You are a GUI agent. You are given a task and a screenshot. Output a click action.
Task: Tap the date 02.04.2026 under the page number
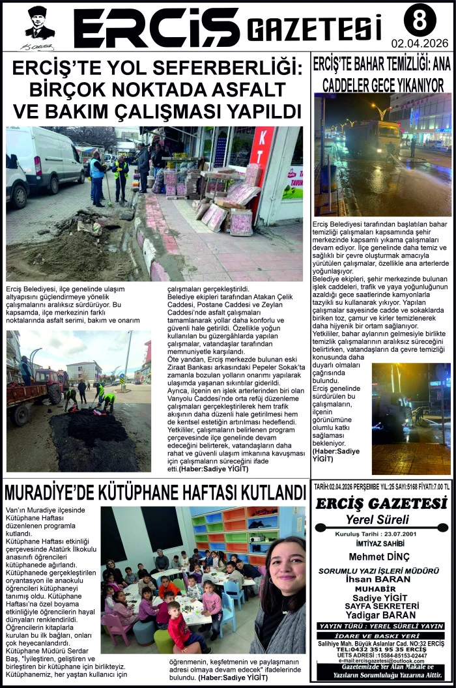click(420, 44)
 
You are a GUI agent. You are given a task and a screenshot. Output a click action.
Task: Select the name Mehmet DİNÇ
click(380, 556)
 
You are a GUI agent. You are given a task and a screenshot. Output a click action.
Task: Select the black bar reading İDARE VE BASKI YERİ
click(381, 635)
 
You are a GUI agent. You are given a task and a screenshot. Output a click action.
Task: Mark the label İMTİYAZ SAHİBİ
click(380, 543)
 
